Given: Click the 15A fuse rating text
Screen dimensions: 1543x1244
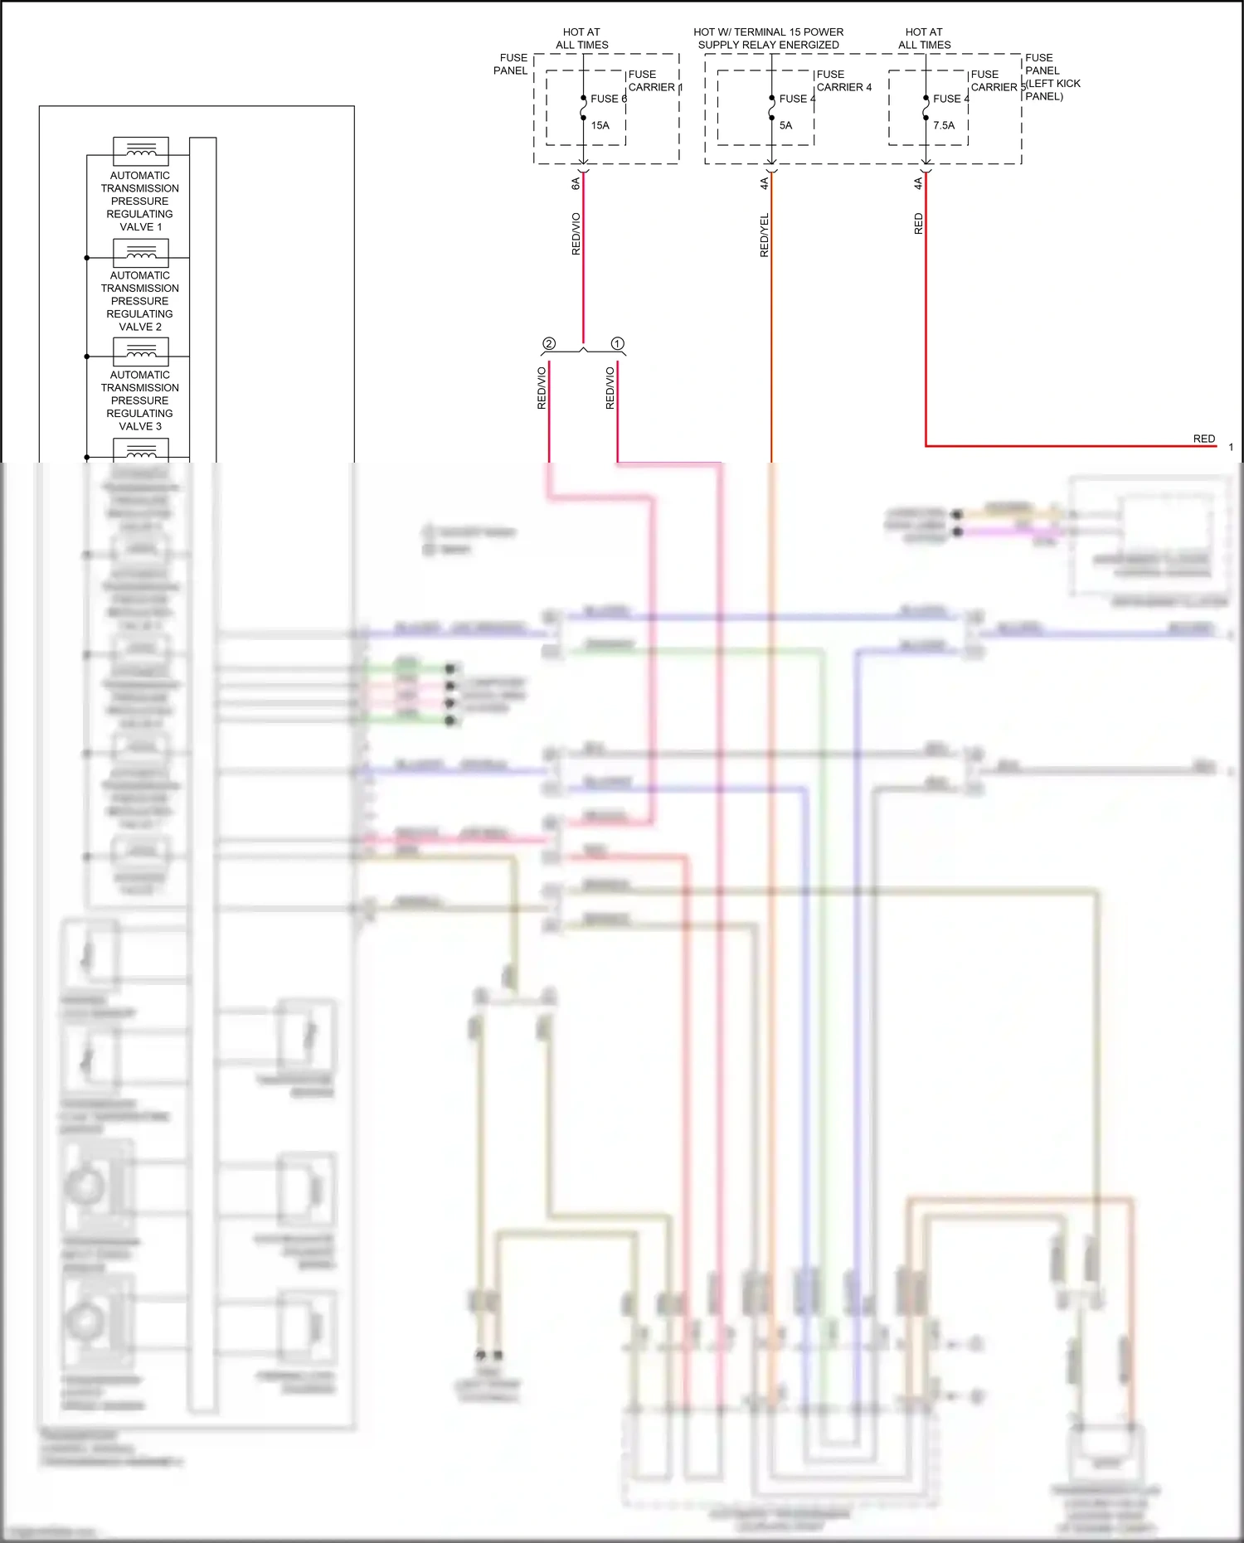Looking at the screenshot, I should (x=600, y=126).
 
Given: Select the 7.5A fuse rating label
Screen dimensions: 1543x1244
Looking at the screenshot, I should (x=944, y=126).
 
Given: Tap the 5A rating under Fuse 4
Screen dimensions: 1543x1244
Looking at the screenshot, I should (x=785, y=126).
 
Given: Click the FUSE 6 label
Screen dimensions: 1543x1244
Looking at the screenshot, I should (x=608, y=99).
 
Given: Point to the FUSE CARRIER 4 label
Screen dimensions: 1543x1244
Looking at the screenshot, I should (x=843, y=81).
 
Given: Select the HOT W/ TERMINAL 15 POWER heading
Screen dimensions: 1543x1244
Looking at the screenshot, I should (x=768, y=32).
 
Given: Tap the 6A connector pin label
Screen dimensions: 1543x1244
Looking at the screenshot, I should (x=576, y=183).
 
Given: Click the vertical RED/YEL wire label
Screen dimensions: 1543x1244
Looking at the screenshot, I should (x=764, y=235).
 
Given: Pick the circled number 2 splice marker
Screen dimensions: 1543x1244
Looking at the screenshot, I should (x=549, y=343).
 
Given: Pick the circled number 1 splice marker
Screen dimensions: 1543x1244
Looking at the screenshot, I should (x=617, y=343).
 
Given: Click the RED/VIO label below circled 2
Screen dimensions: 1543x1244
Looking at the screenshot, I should (x=542, y=388).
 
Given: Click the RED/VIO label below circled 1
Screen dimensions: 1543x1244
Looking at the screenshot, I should (x=610, y=388).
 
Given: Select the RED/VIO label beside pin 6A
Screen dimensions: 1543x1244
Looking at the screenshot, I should (x=576, y=234).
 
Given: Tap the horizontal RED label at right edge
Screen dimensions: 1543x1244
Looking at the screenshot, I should (x=1203, y=439).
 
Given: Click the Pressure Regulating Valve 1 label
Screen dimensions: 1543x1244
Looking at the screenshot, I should (x=140, y=201).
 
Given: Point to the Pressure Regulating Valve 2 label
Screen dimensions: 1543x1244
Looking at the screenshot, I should (x=140, y=301).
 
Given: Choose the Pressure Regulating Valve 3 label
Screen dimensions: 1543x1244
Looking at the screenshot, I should (x=140, y=400).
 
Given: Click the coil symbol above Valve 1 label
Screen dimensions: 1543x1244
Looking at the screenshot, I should (x=141, y=150).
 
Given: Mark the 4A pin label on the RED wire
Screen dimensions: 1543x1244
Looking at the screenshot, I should (x=918, y=183).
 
